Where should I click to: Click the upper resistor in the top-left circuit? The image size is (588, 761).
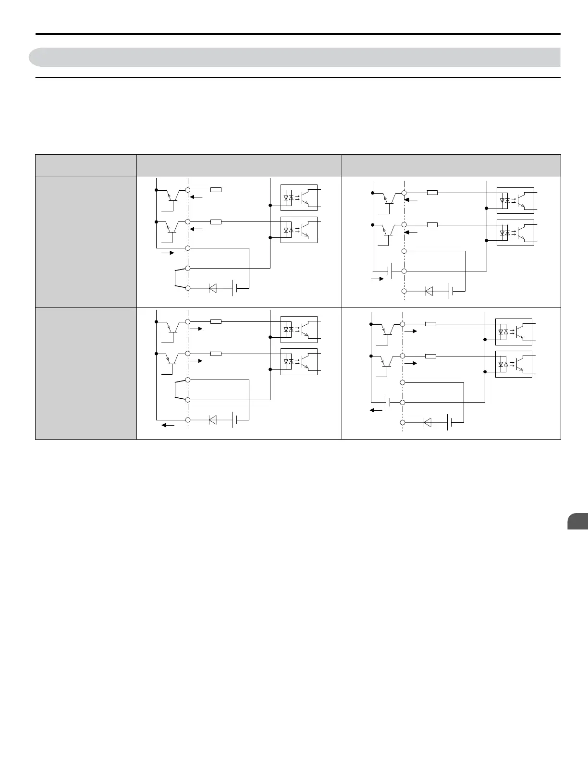tap(216, 190)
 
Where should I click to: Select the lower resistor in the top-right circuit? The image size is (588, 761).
tap(432, 224)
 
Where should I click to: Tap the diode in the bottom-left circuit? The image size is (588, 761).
tap(212, 420)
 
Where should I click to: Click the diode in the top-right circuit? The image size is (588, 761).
tap(429, 291)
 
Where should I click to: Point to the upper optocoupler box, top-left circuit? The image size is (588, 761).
tap(299, 197)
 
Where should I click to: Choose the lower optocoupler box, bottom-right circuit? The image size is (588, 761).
tap(514, 364)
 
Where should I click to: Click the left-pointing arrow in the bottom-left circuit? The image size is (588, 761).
tap(168, 425)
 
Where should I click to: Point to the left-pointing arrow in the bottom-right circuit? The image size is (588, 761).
tap(376, 410)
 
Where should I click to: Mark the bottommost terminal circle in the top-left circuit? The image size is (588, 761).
tap(188, 288)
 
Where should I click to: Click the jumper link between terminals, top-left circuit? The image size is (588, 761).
tap(176, 278)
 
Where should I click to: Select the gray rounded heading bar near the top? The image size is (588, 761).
tap(294, 57)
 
